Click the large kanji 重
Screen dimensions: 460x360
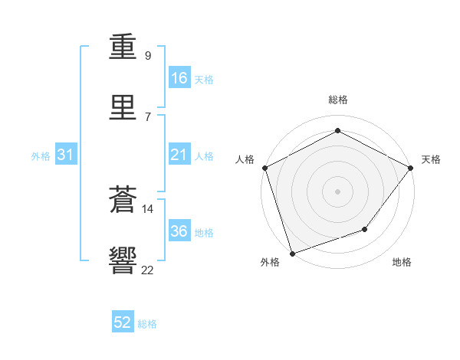point(123,47)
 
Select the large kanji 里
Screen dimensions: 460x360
point(123,107)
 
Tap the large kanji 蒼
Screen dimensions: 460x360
point(123,199)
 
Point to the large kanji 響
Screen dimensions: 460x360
point(123,260)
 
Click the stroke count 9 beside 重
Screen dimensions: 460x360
point(148,55)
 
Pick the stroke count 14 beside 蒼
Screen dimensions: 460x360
point(147,209)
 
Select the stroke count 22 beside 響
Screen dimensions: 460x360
point(147,270)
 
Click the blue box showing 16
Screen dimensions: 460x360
point(179,77)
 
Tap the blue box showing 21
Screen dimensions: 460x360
point(179,154)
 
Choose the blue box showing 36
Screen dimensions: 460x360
point(179,230)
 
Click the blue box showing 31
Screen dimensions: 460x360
point(66,154)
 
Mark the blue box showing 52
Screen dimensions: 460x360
point(123,321)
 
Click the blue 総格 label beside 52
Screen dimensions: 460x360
point(147,324)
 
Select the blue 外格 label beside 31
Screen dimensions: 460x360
point(41,156)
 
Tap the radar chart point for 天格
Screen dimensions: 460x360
point(411,168)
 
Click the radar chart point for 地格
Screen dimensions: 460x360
point(365,229)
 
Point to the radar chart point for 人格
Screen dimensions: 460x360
point(265,168)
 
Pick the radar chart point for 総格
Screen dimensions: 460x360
point(337,130)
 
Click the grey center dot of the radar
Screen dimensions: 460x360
point(337,191)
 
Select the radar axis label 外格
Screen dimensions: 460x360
point(270,262)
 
